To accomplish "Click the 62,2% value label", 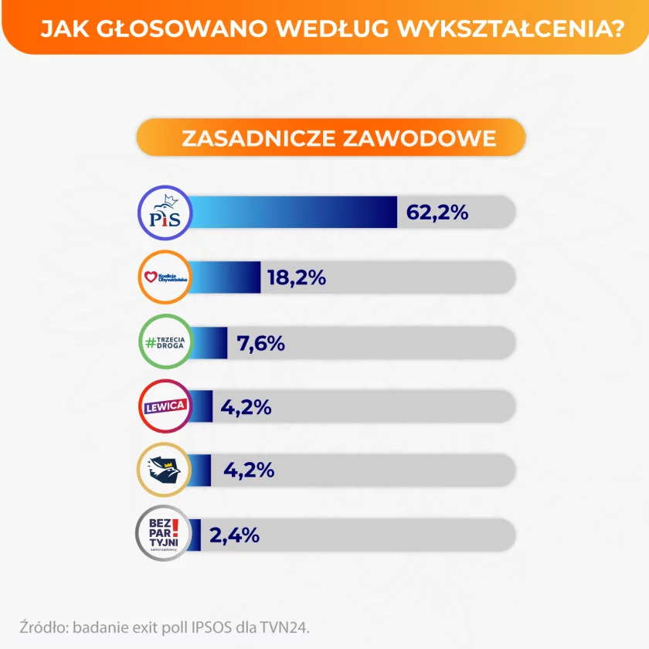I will [437, 212].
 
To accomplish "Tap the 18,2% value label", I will [297, 277].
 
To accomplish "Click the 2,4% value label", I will [233, 535].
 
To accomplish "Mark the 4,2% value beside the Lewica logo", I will [246, 406].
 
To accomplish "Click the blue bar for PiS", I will [294, 212].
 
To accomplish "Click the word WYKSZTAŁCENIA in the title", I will [524, 29].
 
